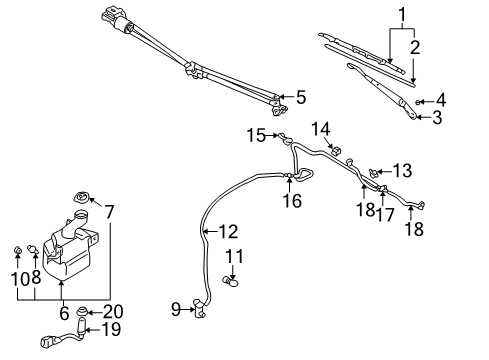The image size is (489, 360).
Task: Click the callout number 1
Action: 403,15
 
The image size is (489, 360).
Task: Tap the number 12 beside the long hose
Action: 228,232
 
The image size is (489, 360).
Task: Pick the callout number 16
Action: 291,200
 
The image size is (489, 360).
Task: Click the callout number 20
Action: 113,311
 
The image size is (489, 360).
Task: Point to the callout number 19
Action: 114,329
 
